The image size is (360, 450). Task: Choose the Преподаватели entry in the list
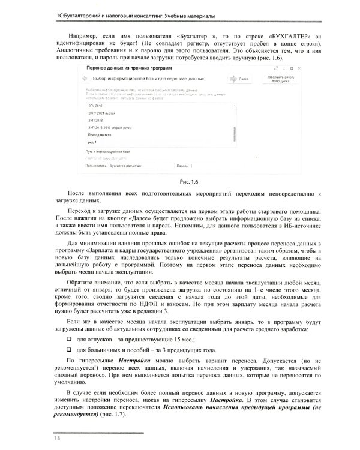click(100, 136)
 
